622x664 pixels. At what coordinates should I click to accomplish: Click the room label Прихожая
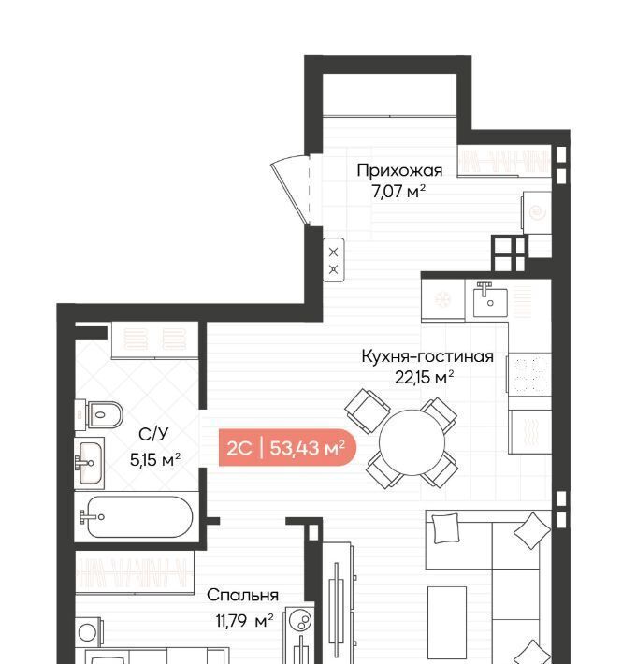(399, 170)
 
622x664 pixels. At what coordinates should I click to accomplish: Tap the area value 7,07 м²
(398, 192)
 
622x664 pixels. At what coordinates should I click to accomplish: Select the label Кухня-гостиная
(427, 356)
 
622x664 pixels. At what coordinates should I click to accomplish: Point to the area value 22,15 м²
(425, 377)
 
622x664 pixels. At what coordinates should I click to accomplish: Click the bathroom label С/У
(153, 434)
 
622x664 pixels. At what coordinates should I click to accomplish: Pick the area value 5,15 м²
(155, 459)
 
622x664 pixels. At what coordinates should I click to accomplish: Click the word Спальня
(242, 595)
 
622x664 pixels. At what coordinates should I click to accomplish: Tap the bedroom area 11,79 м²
(244, 621)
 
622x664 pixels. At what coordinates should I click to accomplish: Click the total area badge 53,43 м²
(308, 447)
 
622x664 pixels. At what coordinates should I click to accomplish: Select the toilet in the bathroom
(99, 414)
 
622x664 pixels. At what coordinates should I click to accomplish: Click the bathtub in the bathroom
(137, 516)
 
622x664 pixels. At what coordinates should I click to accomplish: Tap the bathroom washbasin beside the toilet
(90, 463)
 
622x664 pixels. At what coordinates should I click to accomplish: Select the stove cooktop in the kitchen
(529, 373)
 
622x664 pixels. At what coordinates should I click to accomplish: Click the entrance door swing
(290, 188)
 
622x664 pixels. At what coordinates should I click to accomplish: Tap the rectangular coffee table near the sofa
(447, 615)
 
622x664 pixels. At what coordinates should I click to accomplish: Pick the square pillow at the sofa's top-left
(446, 528)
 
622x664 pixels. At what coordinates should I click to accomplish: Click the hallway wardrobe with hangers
(504, 161)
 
